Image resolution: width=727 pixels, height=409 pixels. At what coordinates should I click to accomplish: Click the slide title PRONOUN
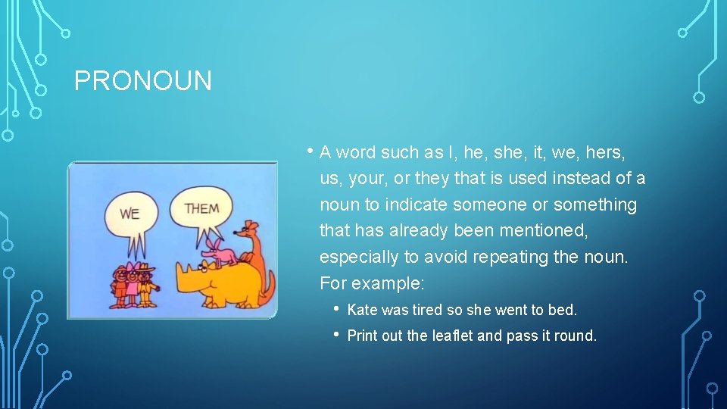[x=143, y=81]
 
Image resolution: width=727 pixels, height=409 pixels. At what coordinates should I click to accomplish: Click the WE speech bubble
[x=129, y=213]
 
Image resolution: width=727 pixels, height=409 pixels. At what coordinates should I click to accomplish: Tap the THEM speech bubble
[x=201, y=208]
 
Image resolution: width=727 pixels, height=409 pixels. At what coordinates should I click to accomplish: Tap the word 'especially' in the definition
[x=354, y=258]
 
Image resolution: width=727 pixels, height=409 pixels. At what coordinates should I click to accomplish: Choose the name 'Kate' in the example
[x=362, y=310]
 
